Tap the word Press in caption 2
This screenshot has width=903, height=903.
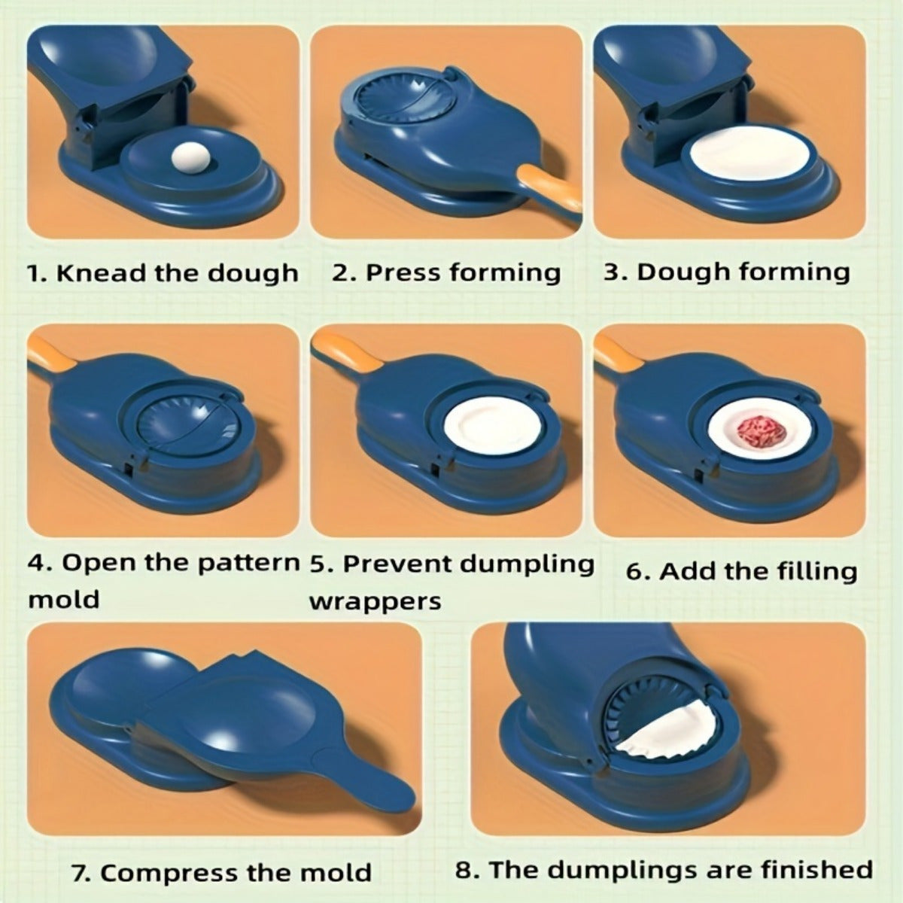(403, 272)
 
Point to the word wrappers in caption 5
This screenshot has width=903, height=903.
(375, 601)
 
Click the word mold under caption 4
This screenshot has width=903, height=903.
(63, 600)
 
